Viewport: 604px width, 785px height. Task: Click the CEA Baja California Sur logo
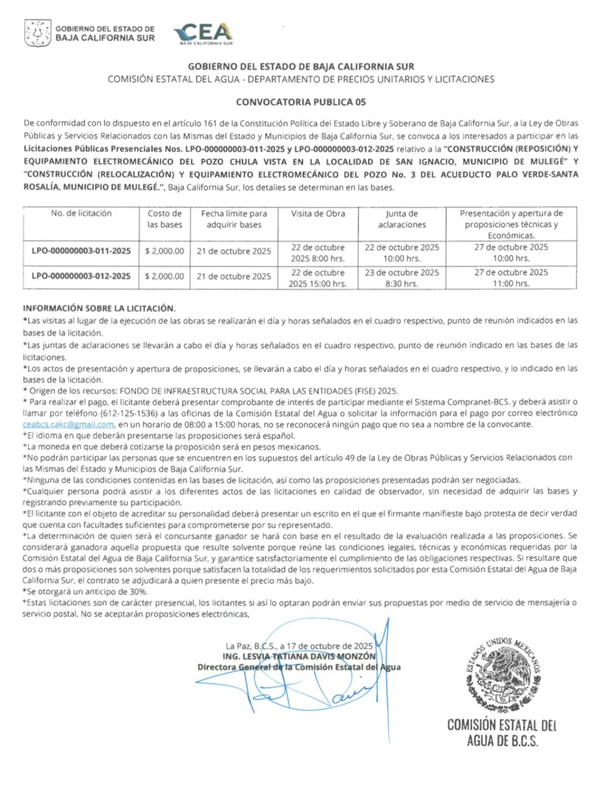[x=203, y=34]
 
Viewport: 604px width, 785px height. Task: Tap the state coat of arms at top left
[x=38, y=33]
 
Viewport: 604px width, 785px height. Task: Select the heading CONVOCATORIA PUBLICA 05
[x=301, y=102]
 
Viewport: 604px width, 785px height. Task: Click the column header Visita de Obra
[x=318, y=213]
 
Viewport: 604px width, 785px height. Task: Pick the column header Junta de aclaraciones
[x=402, y=219]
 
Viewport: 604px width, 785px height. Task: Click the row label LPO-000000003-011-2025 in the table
[x=81, y=251]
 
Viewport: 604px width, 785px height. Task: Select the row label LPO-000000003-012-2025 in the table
[x=81, y=276]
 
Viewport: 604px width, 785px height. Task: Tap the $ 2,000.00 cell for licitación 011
[x=165, y=251]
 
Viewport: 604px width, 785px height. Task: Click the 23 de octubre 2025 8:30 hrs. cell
[x=402, y=278]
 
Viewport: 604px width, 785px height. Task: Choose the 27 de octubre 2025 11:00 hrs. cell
[x=511, y=278]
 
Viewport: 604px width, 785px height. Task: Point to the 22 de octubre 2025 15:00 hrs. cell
[x=318, y=278]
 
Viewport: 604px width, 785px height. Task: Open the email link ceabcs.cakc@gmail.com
[x=68, y=425]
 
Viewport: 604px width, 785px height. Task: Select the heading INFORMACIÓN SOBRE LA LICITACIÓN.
[x=99, y=308]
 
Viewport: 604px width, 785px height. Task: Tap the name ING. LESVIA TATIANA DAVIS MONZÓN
[x=299, y=656]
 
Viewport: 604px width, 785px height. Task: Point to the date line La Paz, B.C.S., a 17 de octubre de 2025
[x=299, y=646]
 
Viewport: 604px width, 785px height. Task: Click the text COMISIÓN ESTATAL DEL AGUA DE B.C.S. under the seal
[x=502, y=733]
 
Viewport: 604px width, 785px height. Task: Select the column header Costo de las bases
[x=165, y=219]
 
